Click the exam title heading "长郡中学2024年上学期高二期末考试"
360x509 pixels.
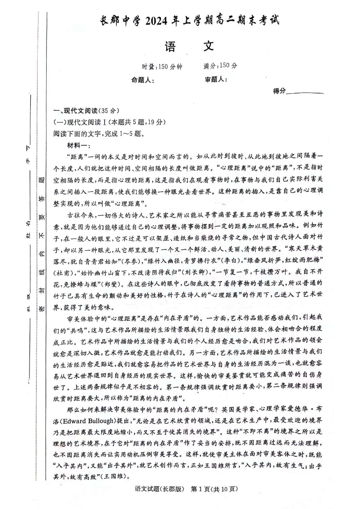[x=190, y=21]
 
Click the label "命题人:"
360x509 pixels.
[x=142, y=80]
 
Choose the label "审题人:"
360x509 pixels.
[x=216, y=80]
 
